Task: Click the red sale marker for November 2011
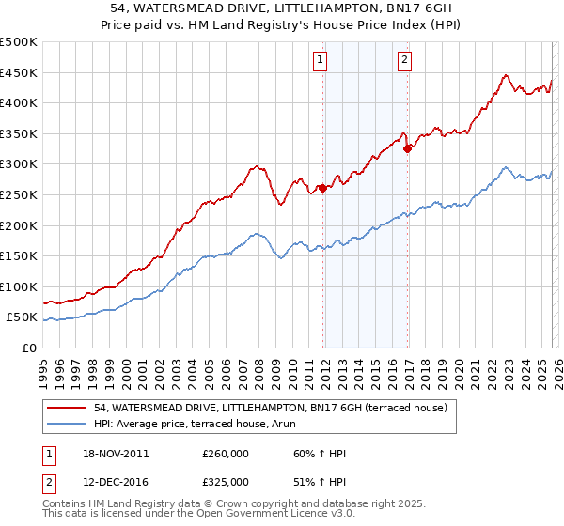point(323,188)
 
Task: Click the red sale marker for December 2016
point(407,147)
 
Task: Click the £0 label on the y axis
point(29,348)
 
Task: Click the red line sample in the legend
point(67,407)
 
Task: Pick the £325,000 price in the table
point(226,481)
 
